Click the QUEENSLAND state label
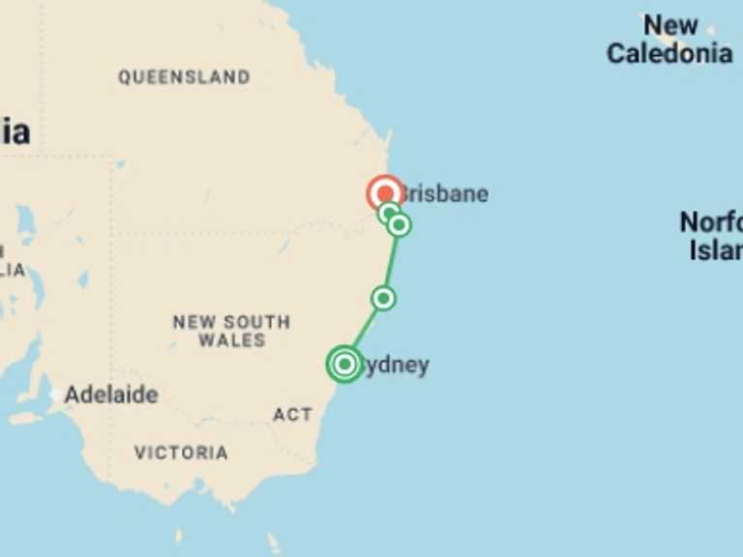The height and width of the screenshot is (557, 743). (184, 76)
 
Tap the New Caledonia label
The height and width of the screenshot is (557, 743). (669, 40)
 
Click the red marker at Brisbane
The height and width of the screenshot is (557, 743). (385, 193)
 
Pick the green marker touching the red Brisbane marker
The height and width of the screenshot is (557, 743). (388, 212)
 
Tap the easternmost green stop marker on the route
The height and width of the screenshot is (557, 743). (400, 224)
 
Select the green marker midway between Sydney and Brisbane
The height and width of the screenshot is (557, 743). (384, 298)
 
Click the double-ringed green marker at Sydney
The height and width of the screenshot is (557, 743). (344, 365)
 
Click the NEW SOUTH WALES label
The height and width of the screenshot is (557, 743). (231, 331)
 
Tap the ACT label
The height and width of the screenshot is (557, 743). (292, 414)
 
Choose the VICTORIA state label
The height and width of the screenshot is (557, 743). (181, 452)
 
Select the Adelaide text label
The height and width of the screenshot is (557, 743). (111, 395)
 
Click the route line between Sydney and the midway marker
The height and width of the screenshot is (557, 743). (365, 331)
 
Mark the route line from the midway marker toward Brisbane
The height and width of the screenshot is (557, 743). (392, 261)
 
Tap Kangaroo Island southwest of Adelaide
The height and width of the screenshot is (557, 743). (24, 419)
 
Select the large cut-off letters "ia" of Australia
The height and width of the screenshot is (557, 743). (15, 131)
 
